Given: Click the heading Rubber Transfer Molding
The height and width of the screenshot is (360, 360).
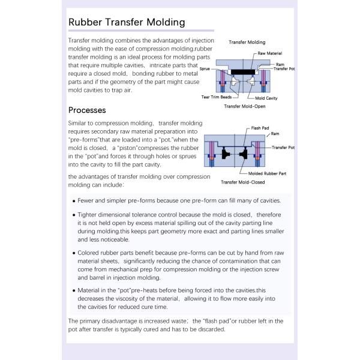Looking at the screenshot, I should pos(126,23).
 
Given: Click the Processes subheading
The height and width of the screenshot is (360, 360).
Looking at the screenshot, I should pos(87,110).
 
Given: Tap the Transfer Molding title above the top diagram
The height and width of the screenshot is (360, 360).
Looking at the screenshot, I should pos(247,43).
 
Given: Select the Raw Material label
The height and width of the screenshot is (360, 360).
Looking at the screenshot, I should pos(270,53).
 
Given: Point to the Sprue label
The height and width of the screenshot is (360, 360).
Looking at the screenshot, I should pos(205,70).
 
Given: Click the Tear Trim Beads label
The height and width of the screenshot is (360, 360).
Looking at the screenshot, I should pos(216,97).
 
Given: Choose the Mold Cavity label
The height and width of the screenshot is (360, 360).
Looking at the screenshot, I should pos(266,97).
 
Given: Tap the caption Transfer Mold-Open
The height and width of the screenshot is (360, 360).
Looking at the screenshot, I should pos(244,106).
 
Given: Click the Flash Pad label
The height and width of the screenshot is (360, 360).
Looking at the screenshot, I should pos(259,128).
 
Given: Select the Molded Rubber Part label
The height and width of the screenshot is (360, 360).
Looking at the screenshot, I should pos(267,173).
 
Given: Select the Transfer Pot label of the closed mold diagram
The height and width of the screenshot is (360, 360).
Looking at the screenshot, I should pos(283,147).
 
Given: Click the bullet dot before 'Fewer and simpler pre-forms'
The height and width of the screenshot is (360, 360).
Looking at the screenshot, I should pos(74,202).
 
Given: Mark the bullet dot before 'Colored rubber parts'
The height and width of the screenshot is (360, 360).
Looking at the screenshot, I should pos(74,253).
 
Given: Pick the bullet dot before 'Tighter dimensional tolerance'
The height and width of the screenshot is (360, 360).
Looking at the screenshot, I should pos(74,215).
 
